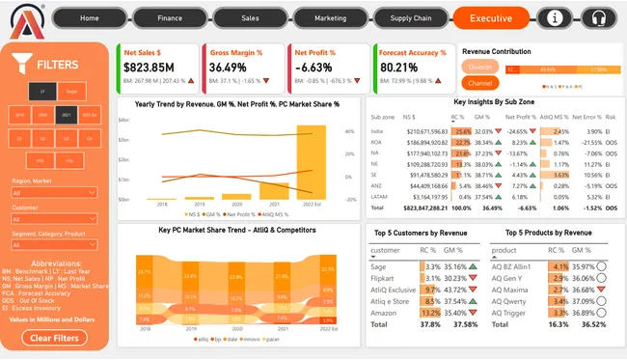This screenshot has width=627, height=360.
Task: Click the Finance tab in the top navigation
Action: click(170, 17)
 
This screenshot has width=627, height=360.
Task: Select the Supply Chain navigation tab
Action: click(411, 17)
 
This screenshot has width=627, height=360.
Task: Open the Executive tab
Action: click(490, 17)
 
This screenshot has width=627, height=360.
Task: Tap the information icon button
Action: click(554, 17)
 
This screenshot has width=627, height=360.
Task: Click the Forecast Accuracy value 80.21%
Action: click(399, 67)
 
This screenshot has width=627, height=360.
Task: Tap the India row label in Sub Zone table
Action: click(378, 131)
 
